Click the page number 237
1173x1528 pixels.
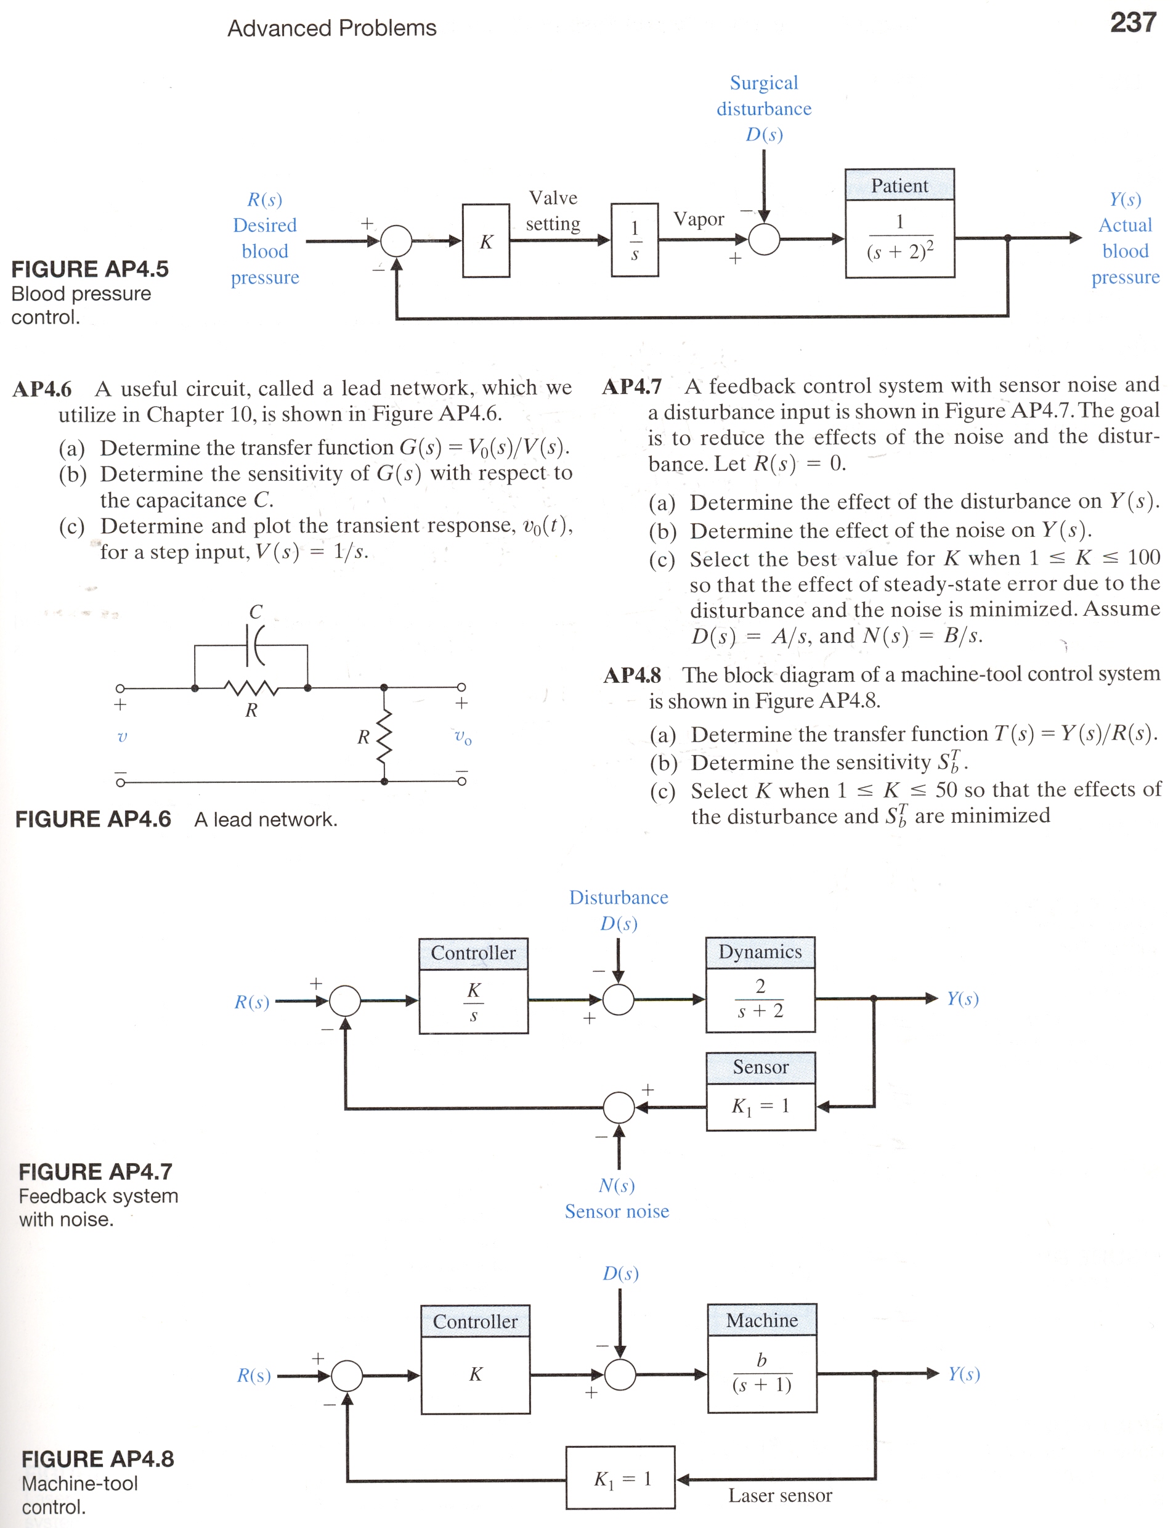(1133, 22)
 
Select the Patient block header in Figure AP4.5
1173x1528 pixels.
(899, 185)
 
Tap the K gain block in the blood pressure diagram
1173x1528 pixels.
(486, 241)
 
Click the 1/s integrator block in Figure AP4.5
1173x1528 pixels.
(635, 240)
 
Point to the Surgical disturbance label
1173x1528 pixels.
(764, 96)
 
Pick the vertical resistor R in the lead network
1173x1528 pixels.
(384, 735)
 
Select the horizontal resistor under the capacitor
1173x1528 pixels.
(251, 688)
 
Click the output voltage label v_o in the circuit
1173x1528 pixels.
(462, 737)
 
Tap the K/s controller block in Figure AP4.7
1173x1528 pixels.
(473, 986)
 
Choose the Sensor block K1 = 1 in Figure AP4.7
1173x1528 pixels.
(760, 1091)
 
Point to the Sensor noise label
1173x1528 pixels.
(617, 1211)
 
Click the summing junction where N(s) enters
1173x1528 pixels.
(619, 1107)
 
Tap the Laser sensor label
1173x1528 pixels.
(780, 1495)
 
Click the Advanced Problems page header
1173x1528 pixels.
(331, 28)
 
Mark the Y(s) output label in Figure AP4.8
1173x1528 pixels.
(964, 1375)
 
